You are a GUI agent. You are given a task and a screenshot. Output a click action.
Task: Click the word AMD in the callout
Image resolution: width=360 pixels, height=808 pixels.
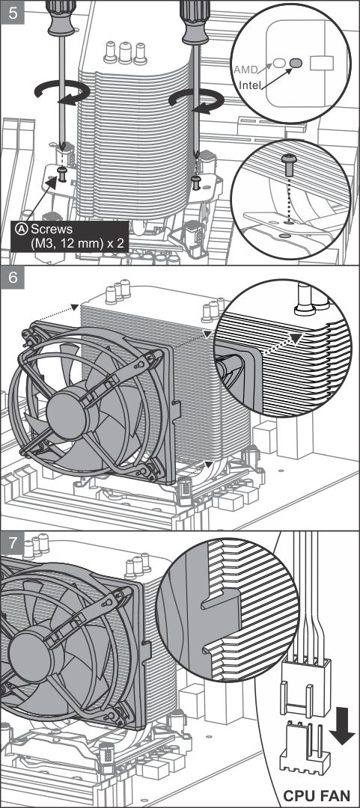245,69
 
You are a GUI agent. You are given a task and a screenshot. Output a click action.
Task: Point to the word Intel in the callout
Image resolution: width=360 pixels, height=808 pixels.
250,85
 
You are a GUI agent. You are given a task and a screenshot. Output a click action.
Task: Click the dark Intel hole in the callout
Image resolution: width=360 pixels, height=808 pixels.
296,63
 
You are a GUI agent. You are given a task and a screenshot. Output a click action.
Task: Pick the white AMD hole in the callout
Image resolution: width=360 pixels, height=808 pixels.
279,63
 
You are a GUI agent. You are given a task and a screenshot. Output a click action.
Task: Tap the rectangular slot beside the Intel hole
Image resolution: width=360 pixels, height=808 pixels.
321,63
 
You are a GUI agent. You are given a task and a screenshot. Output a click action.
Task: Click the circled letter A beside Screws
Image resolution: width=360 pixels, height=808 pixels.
22,229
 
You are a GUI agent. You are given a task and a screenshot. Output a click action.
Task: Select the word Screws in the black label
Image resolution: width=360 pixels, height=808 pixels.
51,229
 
